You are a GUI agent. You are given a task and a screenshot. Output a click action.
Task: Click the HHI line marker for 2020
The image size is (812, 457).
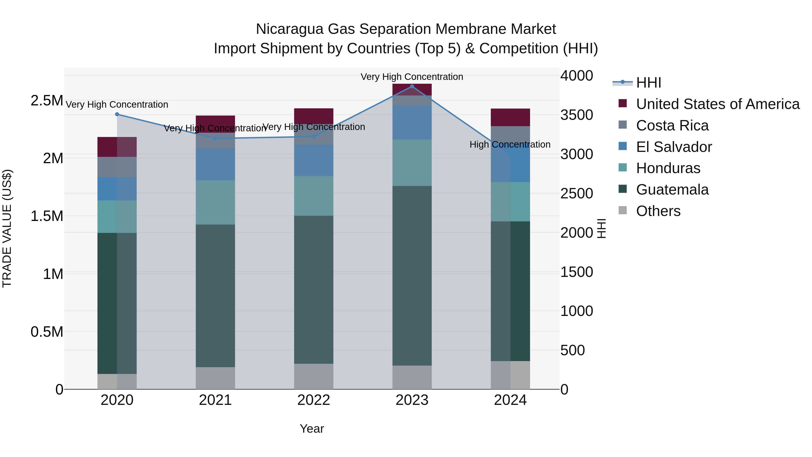click(x=117, y=114)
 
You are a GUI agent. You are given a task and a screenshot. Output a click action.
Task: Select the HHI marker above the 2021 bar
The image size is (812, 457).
click(x=215, y=138)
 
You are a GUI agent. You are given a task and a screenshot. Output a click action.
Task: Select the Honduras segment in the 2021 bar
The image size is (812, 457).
click(x=215, y=202)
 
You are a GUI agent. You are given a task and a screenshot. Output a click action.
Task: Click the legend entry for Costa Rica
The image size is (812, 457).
click(x=672, y=125)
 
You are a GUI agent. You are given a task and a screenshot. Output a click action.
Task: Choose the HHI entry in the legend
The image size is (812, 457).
click(x=648, y=83)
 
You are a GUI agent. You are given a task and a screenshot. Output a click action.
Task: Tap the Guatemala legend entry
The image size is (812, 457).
click(x=672, y=190)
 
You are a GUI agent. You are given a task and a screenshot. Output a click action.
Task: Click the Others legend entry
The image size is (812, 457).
click(x=658, y=211)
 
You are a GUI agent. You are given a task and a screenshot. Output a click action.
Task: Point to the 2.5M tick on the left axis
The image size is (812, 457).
click(x=47, y=101)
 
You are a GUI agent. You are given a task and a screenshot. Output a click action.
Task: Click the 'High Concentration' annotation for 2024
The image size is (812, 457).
click(x=510, y=144)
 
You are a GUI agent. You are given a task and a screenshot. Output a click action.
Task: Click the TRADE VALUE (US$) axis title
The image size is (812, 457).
click(x=7, y=228)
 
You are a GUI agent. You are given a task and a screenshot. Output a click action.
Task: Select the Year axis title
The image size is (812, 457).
click(x=312, y=429)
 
